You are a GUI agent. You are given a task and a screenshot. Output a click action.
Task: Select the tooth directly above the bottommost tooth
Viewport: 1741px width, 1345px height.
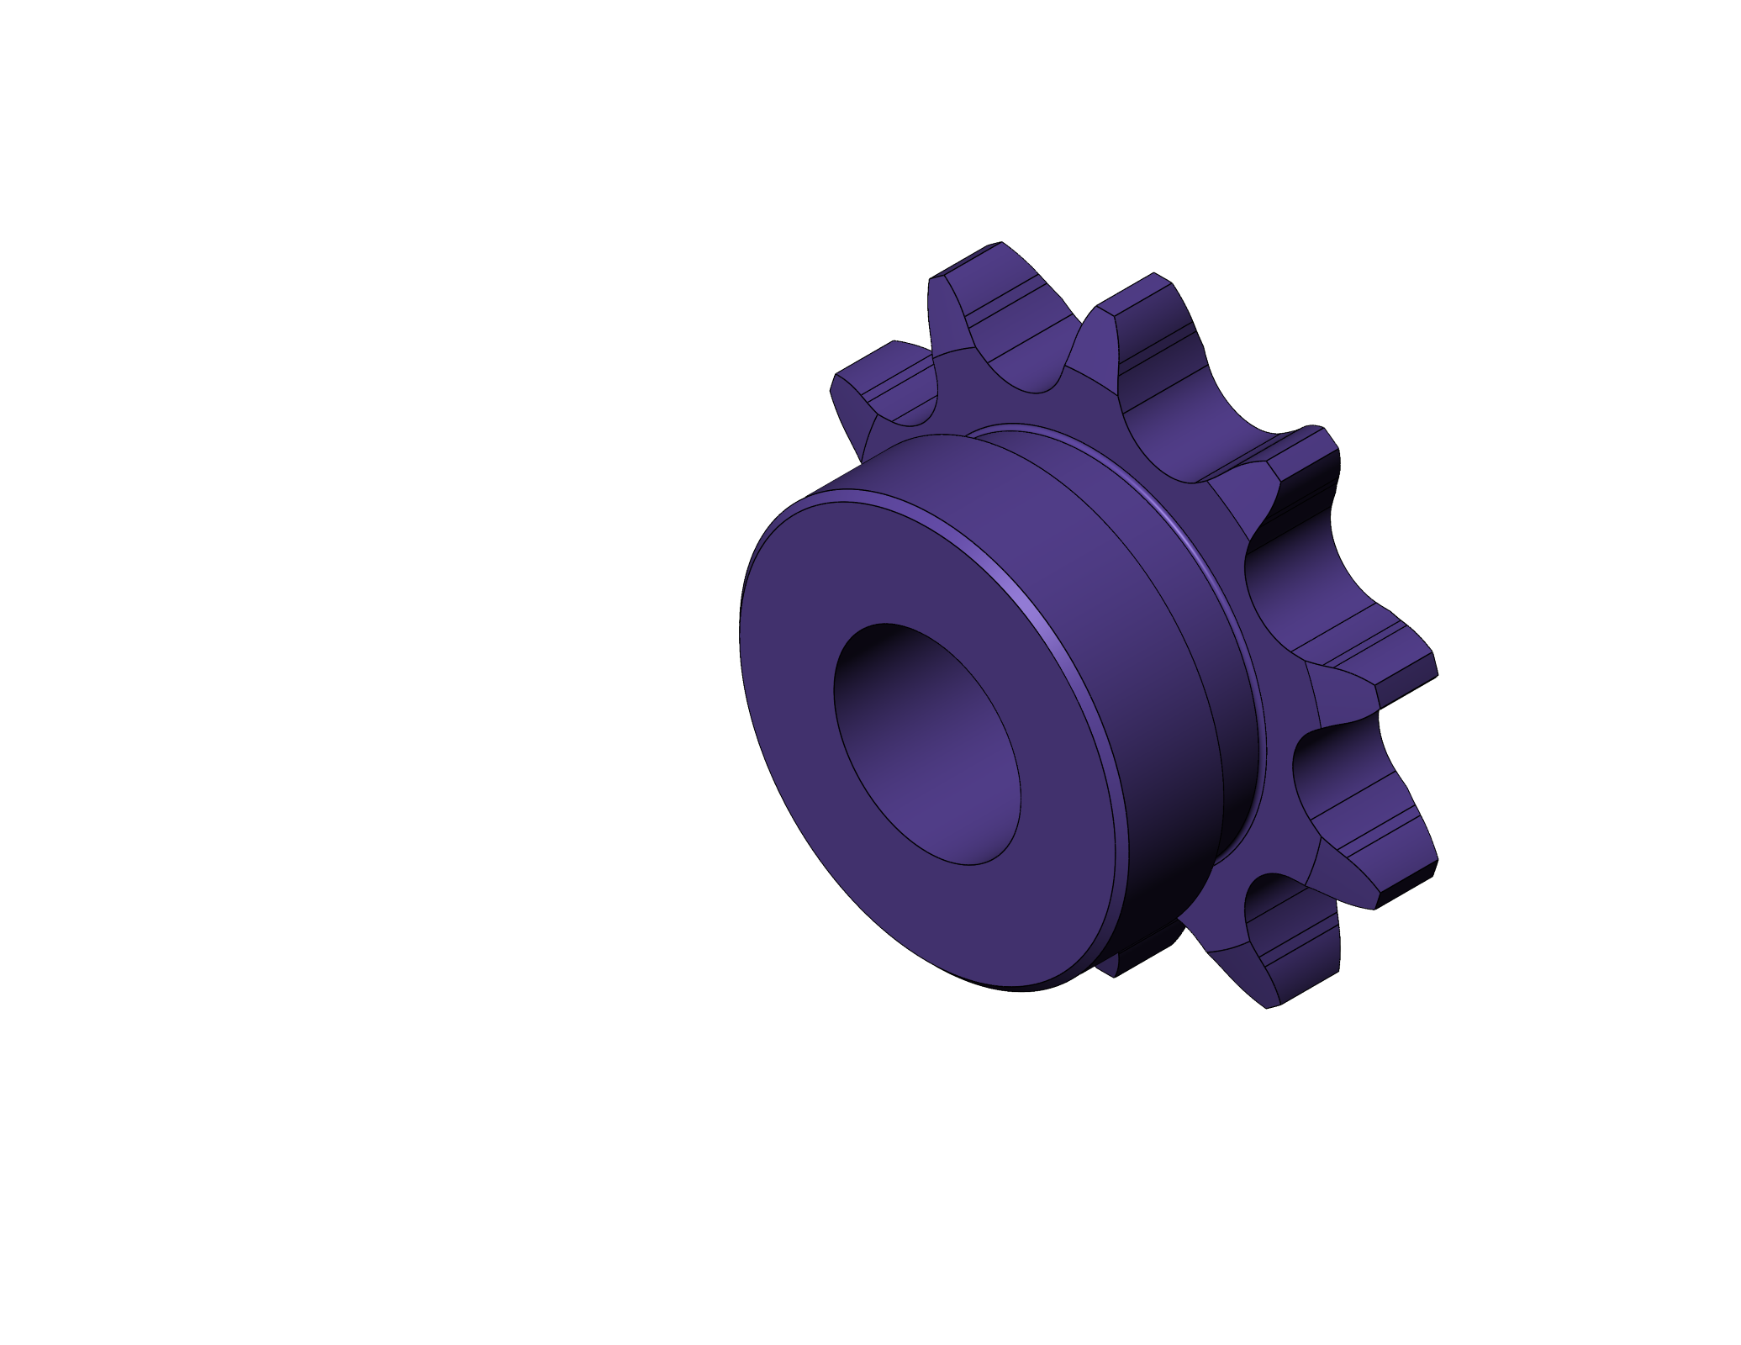[x=1379, y=841]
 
